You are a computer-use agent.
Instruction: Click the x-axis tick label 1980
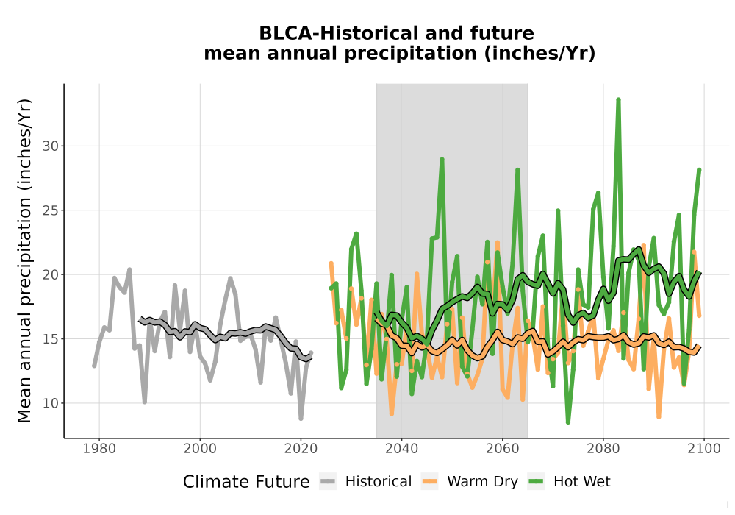point(99,448)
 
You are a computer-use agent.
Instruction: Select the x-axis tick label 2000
point(200,448)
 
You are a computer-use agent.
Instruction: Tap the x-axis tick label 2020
point(301,448)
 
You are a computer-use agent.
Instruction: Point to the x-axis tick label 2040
point(402,448)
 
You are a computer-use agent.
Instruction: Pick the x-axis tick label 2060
point(503,448)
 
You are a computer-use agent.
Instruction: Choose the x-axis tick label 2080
point(603,448)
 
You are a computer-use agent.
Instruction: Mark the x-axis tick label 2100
point(704,448)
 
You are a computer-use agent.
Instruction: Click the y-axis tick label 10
point(51,403)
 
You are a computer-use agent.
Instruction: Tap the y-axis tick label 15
point(51,338)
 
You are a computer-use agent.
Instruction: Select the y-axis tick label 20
point(51,274)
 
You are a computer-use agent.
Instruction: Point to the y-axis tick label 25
point(51,210)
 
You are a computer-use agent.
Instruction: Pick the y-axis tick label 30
point(51,146)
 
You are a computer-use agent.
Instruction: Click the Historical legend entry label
point(379,482)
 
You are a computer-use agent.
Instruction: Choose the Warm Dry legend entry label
point(482,482)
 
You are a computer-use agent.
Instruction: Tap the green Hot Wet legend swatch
point(536,482)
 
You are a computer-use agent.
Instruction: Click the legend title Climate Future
point(246,482)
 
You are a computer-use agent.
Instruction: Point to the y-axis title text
point(24,260)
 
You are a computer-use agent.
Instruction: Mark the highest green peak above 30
point(618,100)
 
